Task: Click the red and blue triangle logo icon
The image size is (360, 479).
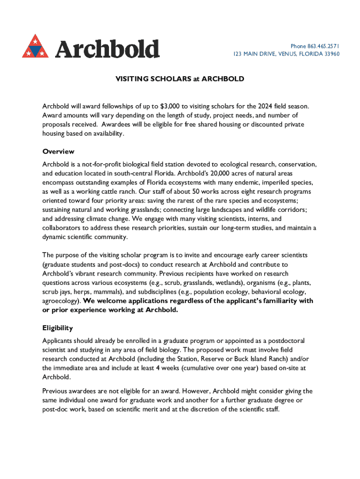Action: pos(36,47)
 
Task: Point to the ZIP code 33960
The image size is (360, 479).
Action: pos(331,54)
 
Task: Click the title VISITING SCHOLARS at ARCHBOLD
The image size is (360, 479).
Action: pos(180,79)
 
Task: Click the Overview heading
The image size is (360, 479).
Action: pos(58,152)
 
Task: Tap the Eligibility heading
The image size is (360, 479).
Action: pos(58,328)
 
